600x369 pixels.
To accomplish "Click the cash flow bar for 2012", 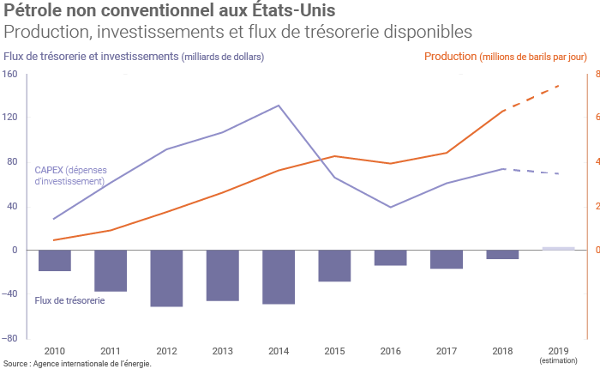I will (166, 278).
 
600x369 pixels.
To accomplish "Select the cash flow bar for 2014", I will (279, 277).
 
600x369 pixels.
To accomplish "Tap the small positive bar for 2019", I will (558, 248).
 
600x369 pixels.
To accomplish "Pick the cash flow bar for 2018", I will (502, 255).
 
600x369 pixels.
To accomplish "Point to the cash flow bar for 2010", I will (55, 261).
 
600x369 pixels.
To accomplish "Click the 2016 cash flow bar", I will (390, 257).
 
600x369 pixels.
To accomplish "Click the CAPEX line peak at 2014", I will (279, 106).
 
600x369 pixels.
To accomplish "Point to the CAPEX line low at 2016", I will (391, 207).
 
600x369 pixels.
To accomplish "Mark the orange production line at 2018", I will (503, 112).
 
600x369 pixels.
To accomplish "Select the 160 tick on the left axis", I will (10, 74).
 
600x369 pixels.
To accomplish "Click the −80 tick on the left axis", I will (9, 338).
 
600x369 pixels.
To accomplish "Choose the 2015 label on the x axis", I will (334, 350).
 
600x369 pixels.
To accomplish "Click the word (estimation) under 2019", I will (558, 360).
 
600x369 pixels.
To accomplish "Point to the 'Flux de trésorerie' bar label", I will (70, 301).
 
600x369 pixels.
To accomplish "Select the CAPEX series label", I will (69, 175).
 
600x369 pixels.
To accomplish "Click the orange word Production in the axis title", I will (450, 57).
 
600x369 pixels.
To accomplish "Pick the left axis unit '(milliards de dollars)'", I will (223, 57).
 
